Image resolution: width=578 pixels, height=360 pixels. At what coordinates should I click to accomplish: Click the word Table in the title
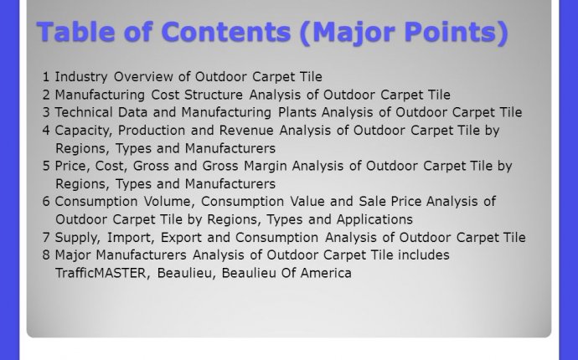(x=76, y=32)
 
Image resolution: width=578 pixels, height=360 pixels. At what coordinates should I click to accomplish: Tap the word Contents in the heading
(x=226, y=32)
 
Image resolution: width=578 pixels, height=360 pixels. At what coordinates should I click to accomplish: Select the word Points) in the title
(x=457, y=33)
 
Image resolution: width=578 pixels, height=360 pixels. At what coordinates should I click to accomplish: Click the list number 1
(x=46, y=77)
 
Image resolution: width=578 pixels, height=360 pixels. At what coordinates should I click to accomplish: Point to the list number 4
(x=46, y=131)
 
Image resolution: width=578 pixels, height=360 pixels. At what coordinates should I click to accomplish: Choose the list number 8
(x=46, y=255)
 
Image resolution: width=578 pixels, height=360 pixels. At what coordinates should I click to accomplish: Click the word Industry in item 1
(x=81, y=78)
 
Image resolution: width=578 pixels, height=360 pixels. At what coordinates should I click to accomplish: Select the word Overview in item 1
(x=143, y=77)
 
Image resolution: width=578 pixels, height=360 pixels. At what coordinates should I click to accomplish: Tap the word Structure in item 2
(x=214, y=95)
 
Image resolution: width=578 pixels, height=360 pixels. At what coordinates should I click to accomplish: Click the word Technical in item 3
(x=84, y=112)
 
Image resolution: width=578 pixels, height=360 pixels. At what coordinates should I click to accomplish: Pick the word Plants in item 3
(x=297, y=112)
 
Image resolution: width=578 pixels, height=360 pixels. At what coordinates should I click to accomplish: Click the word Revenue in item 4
(x=246, y=131)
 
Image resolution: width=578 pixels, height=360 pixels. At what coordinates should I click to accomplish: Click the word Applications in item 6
(x=374, y=220)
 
